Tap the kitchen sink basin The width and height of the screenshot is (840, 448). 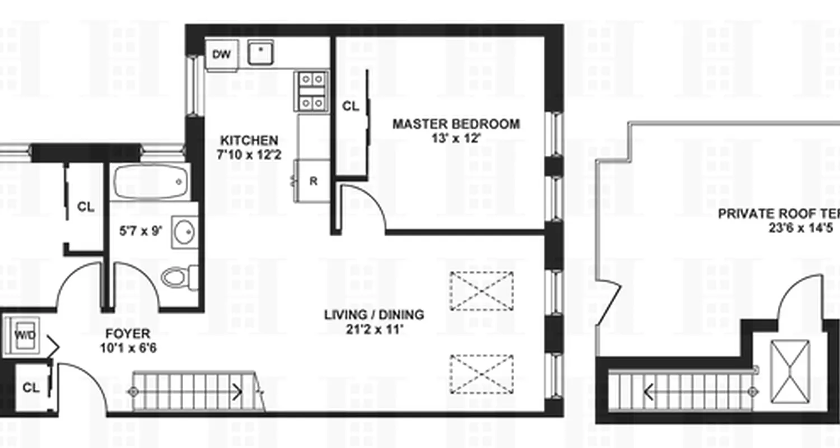click(x=260, y=52)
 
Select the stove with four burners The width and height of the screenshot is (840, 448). click(x=311, y=91)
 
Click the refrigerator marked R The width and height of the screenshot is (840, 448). click(x=313, y=181)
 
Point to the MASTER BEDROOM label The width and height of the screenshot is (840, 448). click(x=455, y=124)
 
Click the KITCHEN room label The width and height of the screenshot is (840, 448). click(x=249, y=140)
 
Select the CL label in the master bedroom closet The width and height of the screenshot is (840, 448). click(x=350, y=106)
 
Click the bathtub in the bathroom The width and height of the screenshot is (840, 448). click(x=150, y=181)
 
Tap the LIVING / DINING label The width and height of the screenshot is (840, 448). click(x=374, y=315)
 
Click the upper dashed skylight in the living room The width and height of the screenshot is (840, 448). click(x=482, y=291)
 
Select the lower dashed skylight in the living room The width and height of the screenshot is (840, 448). click(x=482, y=373)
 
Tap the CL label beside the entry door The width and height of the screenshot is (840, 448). click(x=31, y=388)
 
